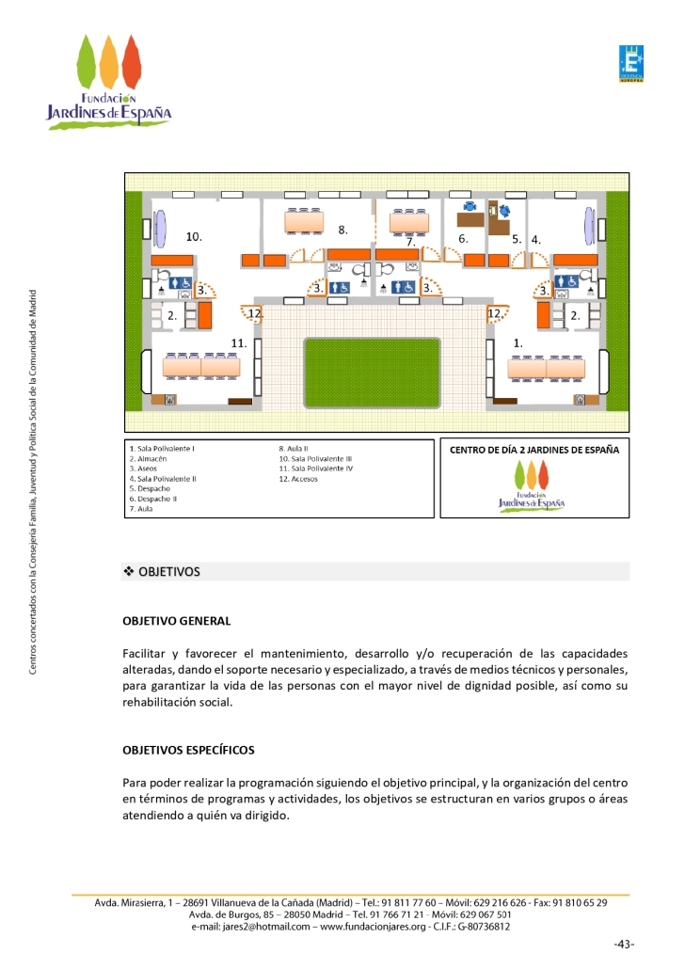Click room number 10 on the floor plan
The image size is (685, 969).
[x=194, y=236]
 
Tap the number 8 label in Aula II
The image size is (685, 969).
[x=343, y=229]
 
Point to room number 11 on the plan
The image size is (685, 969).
[x=239, y=343]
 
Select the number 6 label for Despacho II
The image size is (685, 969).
[x=463, y=239]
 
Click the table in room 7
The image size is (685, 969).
[x=408, y=223]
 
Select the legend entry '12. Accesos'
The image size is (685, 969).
[x=298, y=478]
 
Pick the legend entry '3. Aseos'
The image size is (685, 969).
[x=143, y=469]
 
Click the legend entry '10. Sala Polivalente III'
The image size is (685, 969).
[x=315, y=458]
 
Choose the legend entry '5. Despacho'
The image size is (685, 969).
[x=150, y=488]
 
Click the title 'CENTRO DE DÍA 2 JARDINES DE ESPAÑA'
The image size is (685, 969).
[x=534, y=450]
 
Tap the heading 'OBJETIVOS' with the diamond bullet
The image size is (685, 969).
[x=168, y=572]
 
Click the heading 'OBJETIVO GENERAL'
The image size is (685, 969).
[x=176, y=621]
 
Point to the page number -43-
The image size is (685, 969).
[x=623, y=944]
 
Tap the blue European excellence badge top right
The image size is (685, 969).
[x=630, y=64]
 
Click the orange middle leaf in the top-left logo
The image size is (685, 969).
[x=109, y=62]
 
